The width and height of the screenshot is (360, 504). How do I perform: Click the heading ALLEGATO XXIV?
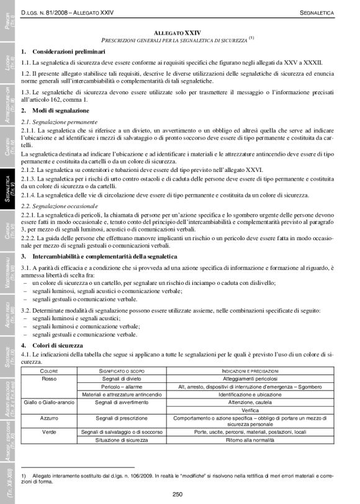182,30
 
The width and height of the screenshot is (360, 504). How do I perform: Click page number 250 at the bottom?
178,494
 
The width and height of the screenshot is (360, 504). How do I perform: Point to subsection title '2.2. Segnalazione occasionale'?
59,204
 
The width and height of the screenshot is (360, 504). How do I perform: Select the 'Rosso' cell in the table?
49,379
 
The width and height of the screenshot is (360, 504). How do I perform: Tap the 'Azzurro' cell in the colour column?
49,418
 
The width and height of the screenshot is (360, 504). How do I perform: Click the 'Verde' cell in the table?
49,431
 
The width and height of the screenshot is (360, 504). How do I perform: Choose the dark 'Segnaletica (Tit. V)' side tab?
8,186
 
